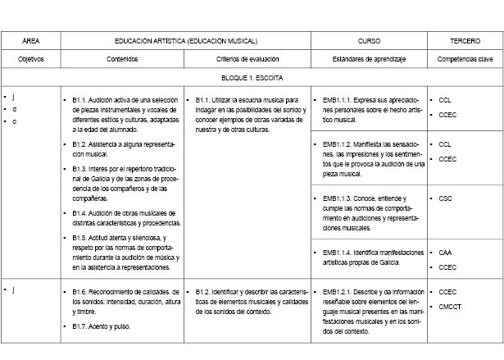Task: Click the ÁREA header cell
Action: (x=30, y=40)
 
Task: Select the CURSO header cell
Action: (x=369, y=40)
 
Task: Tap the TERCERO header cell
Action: (x=465, y=40)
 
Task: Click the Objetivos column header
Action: (x=30, y=59)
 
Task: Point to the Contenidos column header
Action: (x=123, y=59)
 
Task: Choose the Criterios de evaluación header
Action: (x=247, y=59)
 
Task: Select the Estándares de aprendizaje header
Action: (x=369, y=59)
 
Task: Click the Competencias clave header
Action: (x=465, y=59)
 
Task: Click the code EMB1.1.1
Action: (x=338, y=100)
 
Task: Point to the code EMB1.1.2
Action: (x=338, y=144)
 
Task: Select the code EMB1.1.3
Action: (x=338, y=198)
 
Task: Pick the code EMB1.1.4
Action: (x=338, y=252)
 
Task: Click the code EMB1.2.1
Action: (x=338, y=291)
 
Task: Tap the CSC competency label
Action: (x=445, y=198)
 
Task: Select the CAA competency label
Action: (x=445, y=253)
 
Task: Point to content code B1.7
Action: (x=79, y=327)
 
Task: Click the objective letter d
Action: (x=13, y=109)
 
